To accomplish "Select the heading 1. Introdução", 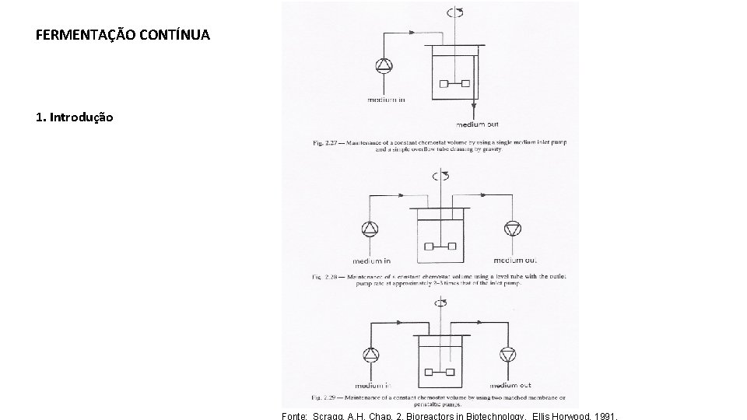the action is click(x=75, y=117).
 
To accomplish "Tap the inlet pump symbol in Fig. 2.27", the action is click(x=384, y=67).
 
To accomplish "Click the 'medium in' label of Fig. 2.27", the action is click(x=386, y=100).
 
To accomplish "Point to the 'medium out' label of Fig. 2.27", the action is click(x=476, y=124).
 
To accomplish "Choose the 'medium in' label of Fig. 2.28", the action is click(x=373, y=261).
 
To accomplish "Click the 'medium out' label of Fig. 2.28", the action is click(x=514, y=261).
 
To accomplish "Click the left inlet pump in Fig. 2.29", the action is click(x=369, y=355).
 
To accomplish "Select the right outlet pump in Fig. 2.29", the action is click(x=509, y=355).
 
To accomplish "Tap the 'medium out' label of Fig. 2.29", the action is click(x=510, y=386).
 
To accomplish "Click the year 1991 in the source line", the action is click(x=603, y=416).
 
